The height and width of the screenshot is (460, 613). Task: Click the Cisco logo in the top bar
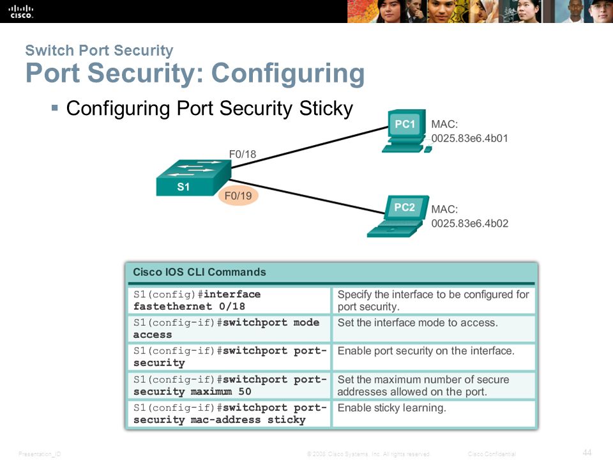point(21,11)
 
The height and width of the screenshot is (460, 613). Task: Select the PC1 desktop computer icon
point(405,130)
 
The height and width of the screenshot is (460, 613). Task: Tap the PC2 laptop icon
point(398,217)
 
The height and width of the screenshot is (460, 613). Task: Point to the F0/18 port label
point(243,154)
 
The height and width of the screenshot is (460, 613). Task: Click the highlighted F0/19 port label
point(238,195)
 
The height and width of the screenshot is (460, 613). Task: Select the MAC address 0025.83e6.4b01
point(469,139)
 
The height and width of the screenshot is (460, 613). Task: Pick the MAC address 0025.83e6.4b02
point(470,224)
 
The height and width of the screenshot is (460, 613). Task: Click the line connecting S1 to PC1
point(310,147)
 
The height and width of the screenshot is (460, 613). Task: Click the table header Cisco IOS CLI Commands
point(199,272)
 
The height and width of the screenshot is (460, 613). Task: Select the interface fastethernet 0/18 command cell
point(229,300)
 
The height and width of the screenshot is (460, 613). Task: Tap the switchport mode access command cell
point(229,328)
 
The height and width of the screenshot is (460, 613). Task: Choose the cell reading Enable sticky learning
point(434,413)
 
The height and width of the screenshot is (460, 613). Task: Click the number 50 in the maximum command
point(245,392)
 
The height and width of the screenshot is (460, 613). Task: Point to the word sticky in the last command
point(287,420)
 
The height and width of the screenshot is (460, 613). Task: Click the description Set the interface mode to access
point(418,323)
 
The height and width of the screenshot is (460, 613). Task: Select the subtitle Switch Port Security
point(100,50)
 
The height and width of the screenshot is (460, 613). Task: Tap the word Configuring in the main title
point(288,73)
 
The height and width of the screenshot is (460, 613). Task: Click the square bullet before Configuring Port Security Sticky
point(55,107)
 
